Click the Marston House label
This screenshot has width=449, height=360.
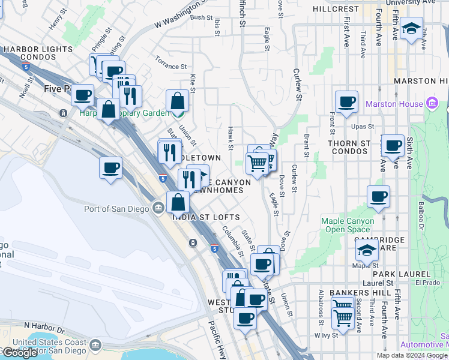pyautogui.click(x=394, y=104)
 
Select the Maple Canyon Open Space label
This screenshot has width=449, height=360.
pyautogui.click(x=348, y=225)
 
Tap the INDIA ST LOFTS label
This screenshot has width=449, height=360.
pyautogui.click(x=207, y=217)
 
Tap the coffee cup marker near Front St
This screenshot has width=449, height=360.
pyautogui.click(x=346, y=102)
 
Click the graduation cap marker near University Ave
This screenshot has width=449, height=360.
pyautogui.click(x=411, y=29)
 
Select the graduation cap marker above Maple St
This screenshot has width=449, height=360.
pyautogui.click(x=367, y=249)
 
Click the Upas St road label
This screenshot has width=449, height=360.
pyautogui.click(x=362, y=127)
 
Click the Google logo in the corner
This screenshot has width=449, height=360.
pyautogui.click(x=20, y=353)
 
